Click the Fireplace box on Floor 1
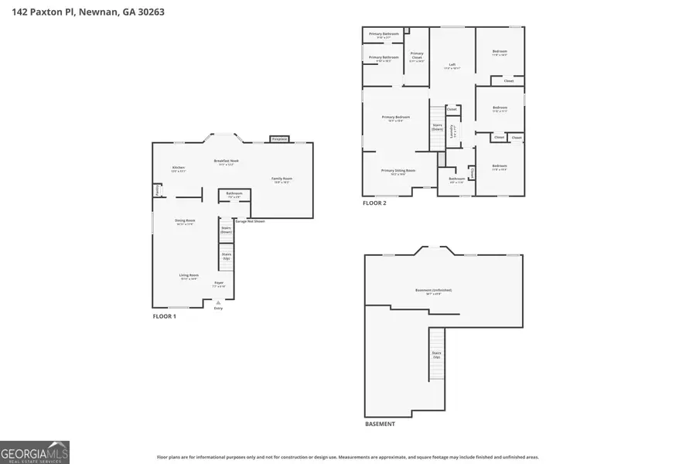tap(279, 139)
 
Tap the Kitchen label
tap(179, 169)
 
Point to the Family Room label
tap(281, 179)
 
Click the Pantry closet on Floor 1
tap(156, 189)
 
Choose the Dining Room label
tap(185, 222)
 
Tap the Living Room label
tap(189, 276)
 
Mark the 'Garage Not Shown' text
tap(250, 221)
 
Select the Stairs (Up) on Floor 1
tap(227, 255)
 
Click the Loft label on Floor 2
tap(452, 66)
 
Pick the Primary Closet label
tap(417, 56)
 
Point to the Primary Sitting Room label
tap(398, 172)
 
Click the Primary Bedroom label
tap(396, 118)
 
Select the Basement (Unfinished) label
tap(433, 291)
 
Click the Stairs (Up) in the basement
tap(437, 355)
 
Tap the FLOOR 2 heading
tap(374, 203)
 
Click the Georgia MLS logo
tap(35, 452)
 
